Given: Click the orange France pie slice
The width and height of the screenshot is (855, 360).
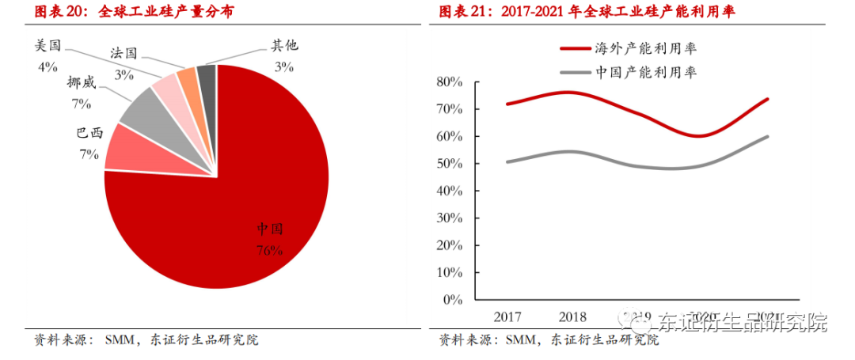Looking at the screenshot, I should coord(188,80).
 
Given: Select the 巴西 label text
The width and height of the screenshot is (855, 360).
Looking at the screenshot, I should coord(89,134).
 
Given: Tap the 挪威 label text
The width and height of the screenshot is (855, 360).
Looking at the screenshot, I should coord(82,83).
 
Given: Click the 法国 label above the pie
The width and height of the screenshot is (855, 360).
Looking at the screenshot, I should coord(123,54).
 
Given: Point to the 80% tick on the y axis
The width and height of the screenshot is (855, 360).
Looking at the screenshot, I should coord(449,81).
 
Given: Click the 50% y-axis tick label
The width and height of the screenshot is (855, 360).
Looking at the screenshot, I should coord(449,164).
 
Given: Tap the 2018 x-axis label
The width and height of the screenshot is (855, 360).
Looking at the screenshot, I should coord(572,317).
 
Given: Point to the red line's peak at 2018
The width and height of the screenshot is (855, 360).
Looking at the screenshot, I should coord(572,93).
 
